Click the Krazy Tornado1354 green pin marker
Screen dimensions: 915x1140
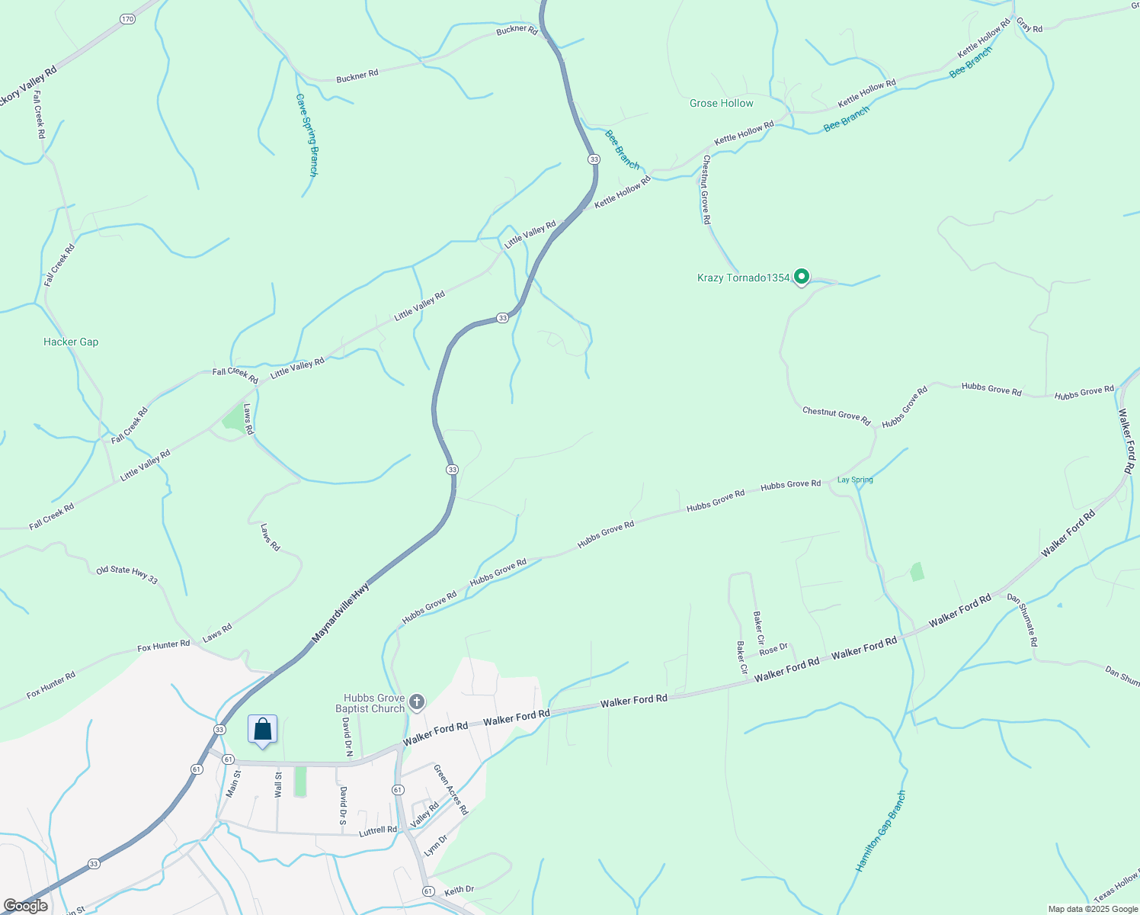pos(801,277)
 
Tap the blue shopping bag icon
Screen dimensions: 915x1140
pos(262,729)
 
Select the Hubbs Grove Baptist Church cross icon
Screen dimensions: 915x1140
pos(416,701)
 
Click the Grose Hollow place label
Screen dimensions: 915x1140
pos(721,103)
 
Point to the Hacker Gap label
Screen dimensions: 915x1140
pos(71,342)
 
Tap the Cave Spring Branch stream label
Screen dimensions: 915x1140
pos(306,135)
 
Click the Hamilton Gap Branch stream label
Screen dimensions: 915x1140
pos(881,831)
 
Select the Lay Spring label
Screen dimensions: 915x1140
pos(855,480)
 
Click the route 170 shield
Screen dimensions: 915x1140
pos(127,18)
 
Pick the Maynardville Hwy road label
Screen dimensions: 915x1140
pos(341,612)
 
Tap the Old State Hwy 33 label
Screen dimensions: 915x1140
pos(126,574)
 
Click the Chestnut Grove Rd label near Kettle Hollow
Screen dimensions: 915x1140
pos(706,189)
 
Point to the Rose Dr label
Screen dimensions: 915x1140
pos(773,649)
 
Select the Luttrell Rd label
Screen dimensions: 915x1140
pos(378,830)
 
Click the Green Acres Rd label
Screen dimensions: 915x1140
pos(450,789)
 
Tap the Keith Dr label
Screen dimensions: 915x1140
pos(459,890)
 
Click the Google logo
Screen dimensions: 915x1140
pos(25,906)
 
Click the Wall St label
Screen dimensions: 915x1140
pos(278,785)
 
